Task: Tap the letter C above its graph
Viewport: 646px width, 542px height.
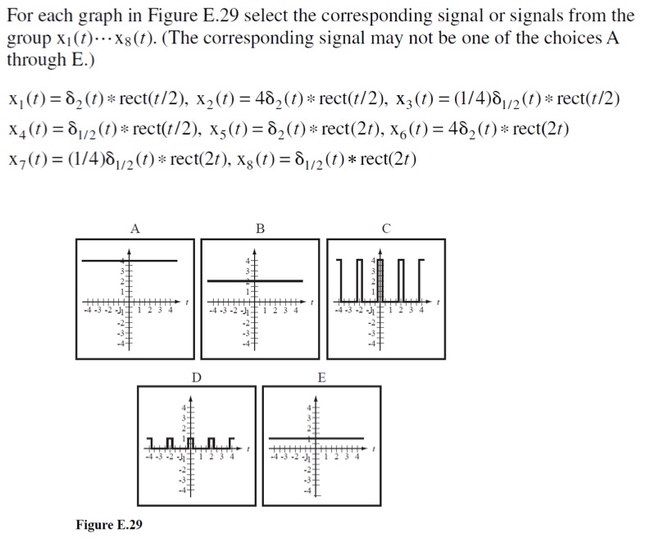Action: pyautogui.click(x=384, y=230)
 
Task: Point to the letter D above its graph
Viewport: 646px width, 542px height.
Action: pyautogui.click(x=196, y=377)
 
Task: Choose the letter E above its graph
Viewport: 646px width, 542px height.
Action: pyautogui.click(x=321, y=377)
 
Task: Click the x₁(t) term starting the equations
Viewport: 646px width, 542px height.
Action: pyautogui.click(x=25, y=100)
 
